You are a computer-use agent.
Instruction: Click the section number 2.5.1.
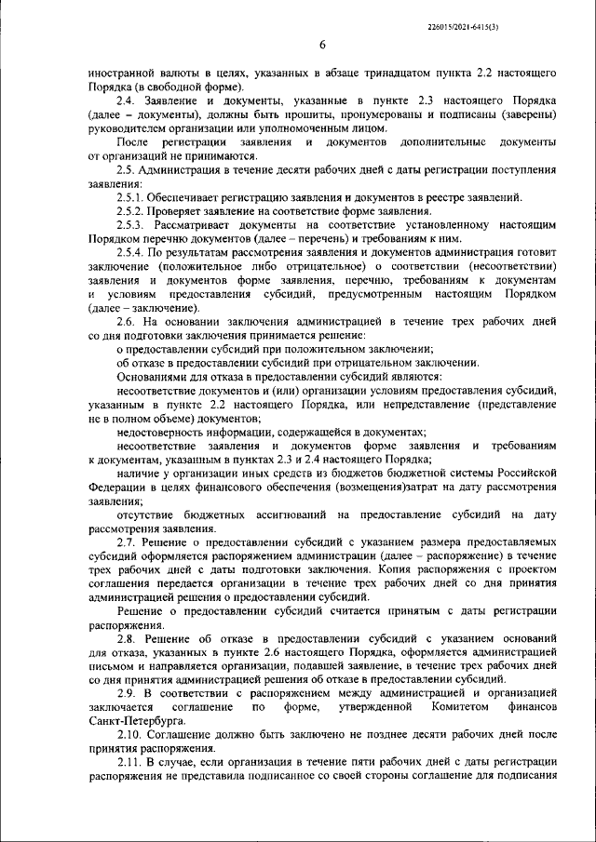click(x=133, y=198)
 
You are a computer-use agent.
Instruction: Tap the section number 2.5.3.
click(x=133, y=226)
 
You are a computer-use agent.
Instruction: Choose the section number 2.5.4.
click(x=133, y=254)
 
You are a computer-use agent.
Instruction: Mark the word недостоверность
click(x=165, y=433)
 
